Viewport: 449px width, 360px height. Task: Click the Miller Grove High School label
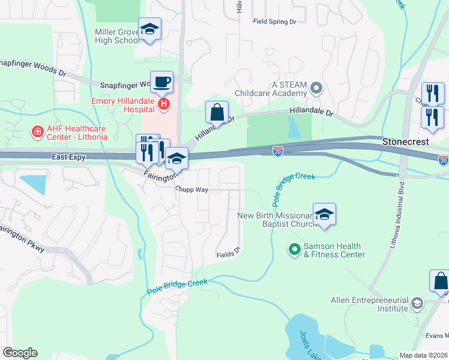coord(117,36)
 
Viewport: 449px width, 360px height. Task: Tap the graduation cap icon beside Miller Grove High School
coord(149,29)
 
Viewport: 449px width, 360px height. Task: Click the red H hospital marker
coord(163,105)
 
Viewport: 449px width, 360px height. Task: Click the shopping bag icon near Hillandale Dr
coord(217,112)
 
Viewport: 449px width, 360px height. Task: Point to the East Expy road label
coord(68,157)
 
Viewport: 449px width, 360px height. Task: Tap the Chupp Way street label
coord(191,188)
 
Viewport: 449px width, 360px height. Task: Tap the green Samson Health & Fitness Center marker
coord(294,248)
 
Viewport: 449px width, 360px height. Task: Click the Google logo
coord(20,353)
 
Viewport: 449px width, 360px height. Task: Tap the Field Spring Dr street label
coord(275,22)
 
